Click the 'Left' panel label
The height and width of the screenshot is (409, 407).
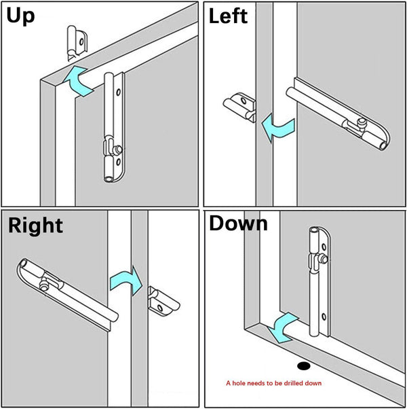(229, 16)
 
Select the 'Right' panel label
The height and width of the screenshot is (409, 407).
(35, 225)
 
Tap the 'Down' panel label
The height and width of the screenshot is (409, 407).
(238, 224)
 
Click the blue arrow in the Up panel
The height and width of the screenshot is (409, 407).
(81, 79)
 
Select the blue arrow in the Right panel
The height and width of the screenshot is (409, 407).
(125, 279)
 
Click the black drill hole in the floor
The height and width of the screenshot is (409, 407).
(303, 366)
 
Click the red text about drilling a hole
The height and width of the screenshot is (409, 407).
(273, 383)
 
